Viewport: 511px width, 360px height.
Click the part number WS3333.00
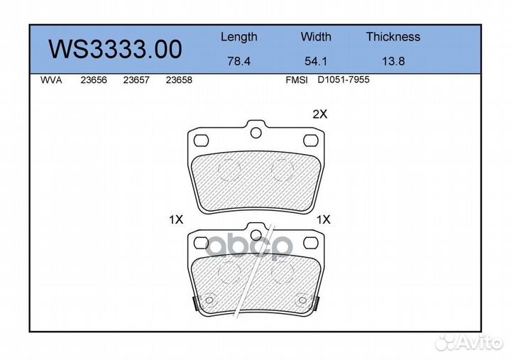(115, 49)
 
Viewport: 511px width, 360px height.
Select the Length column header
(239, 37)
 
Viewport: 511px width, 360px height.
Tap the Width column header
(316, 36)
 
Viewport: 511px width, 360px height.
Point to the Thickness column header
(393, 36)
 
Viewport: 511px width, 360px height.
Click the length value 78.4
(239, 61)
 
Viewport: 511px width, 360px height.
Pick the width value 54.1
(315, 61)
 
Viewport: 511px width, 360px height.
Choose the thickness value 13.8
(393, 61)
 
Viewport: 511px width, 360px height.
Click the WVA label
(51, 80)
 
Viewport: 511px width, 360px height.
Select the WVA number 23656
(94, 80)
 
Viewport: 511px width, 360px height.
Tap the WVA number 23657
(136, 80)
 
